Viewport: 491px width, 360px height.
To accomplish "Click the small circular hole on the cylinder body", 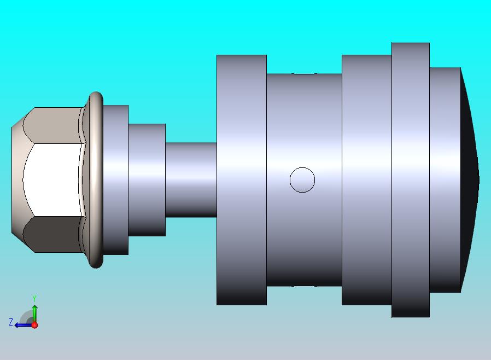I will [x=302, y=179].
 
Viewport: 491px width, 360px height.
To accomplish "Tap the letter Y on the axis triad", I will [x=34, y=298].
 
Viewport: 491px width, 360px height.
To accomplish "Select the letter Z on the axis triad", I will [x=10, y=322].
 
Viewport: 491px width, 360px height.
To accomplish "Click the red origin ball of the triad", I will [x=34, y=325].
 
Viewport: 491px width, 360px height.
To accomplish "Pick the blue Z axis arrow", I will [x=22, y=324].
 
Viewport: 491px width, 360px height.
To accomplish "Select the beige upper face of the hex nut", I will [x=55, y=125].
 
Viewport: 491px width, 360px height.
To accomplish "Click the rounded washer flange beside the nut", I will [x=96, y=179].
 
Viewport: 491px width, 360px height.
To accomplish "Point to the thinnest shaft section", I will [x=191, y=179].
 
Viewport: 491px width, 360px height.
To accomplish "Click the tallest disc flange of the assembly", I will [x=410, y=179].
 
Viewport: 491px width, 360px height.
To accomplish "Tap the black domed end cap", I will [x=469, y=179].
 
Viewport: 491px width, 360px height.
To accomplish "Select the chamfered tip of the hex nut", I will [x=18, y=179].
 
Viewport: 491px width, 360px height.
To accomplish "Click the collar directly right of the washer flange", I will [x=115, y=179].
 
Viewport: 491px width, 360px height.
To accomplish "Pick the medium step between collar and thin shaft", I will [x=147, y=179].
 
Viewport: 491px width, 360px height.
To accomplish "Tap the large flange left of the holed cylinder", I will [x=241, y=179].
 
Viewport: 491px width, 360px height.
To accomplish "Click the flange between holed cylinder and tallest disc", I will [x=366, y=179].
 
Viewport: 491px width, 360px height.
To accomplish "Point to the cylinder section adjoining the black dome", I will [x=445, y=179].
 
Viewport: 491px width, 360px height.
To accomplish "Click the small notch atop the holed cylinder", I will [x=304, y=73].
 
